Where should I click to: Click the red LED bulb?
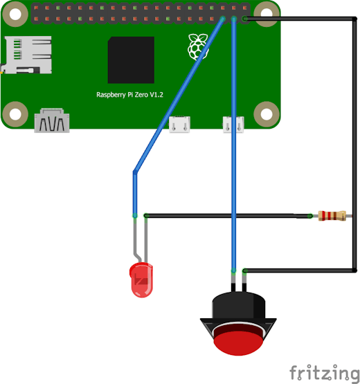[x=141, y=280]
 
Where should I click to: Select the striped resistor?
[x=332, y=216]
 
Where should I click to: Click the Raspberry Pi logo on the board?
[x=198, y=47]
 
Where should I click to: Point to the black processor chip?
[x=131, y=60]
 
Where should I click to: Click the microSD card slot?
[x=28, y=55]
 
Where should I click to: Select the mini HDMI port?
[x=52, y=120]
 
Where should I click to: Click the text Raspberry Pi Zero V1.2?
[x=129, y=95]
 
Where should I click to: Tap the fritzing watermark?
[x=324, y=374]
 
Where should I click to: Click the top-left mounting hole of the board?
[x=15, y=15]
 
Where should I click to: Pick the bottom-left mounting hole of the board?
[x=15, y=114]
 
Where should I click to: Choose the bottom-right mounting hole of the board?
[x=267, y=114]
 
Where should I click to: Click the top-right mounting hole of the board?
[x=267, y=13]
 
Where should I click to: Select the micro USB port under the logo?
[x=179, y=125]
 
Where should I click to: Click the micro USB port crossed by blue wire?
[x=233, y=125]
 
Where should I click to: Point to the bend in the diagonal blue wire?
[x=135, y=172]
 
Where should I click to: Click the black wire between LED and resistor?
[x=228, y=216]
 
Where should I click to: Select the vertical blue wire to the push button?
[x=234, y=145]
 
